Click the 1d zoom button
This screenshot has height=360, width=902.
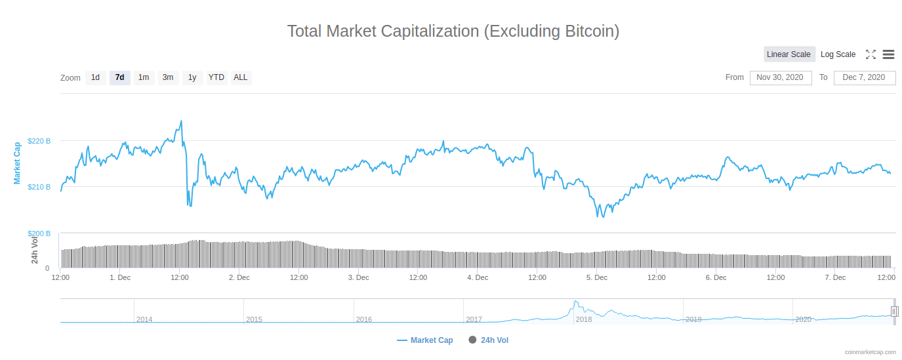coord(95,77)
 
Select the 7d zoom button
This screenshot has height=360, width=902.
coord(119,77)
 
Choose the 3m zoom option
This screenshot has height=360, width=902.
coord(168,77)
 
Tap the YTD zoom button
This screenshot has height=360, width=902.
coord(216,77)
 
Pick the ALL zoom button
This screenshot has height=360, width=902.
coord(241,77)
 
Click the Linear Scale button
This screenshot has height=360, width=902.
coord(789,54)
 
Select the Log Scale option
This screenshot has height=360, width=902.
coord(838,54)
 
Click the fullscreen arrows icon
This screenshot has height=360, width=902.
coord(871,54)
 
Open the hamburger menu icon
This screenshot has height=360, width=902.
coord(888,54)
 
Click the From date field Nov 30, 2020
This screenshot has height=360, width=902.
coord(780,77)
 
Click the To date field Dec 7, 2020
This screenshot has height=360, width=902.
coord(864,77)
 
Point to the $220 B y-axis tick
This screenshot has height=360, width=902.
coord(39,141)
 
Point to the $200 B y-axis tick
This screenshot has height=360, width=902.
coord(39,233)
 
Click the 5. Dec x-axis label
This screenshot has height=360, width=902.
coord(597,277)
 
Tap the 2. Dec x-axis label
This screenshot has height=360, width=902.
coord(239,277)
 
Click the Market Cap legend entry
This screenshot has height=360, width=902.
coord(425,340)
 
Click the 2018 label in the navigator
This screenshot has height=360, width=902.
coord(583,319)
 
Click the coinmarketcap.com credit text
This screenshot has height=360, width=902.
coord(870,352)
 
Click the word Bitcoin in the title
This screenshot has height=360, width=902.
coord(589,31)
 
